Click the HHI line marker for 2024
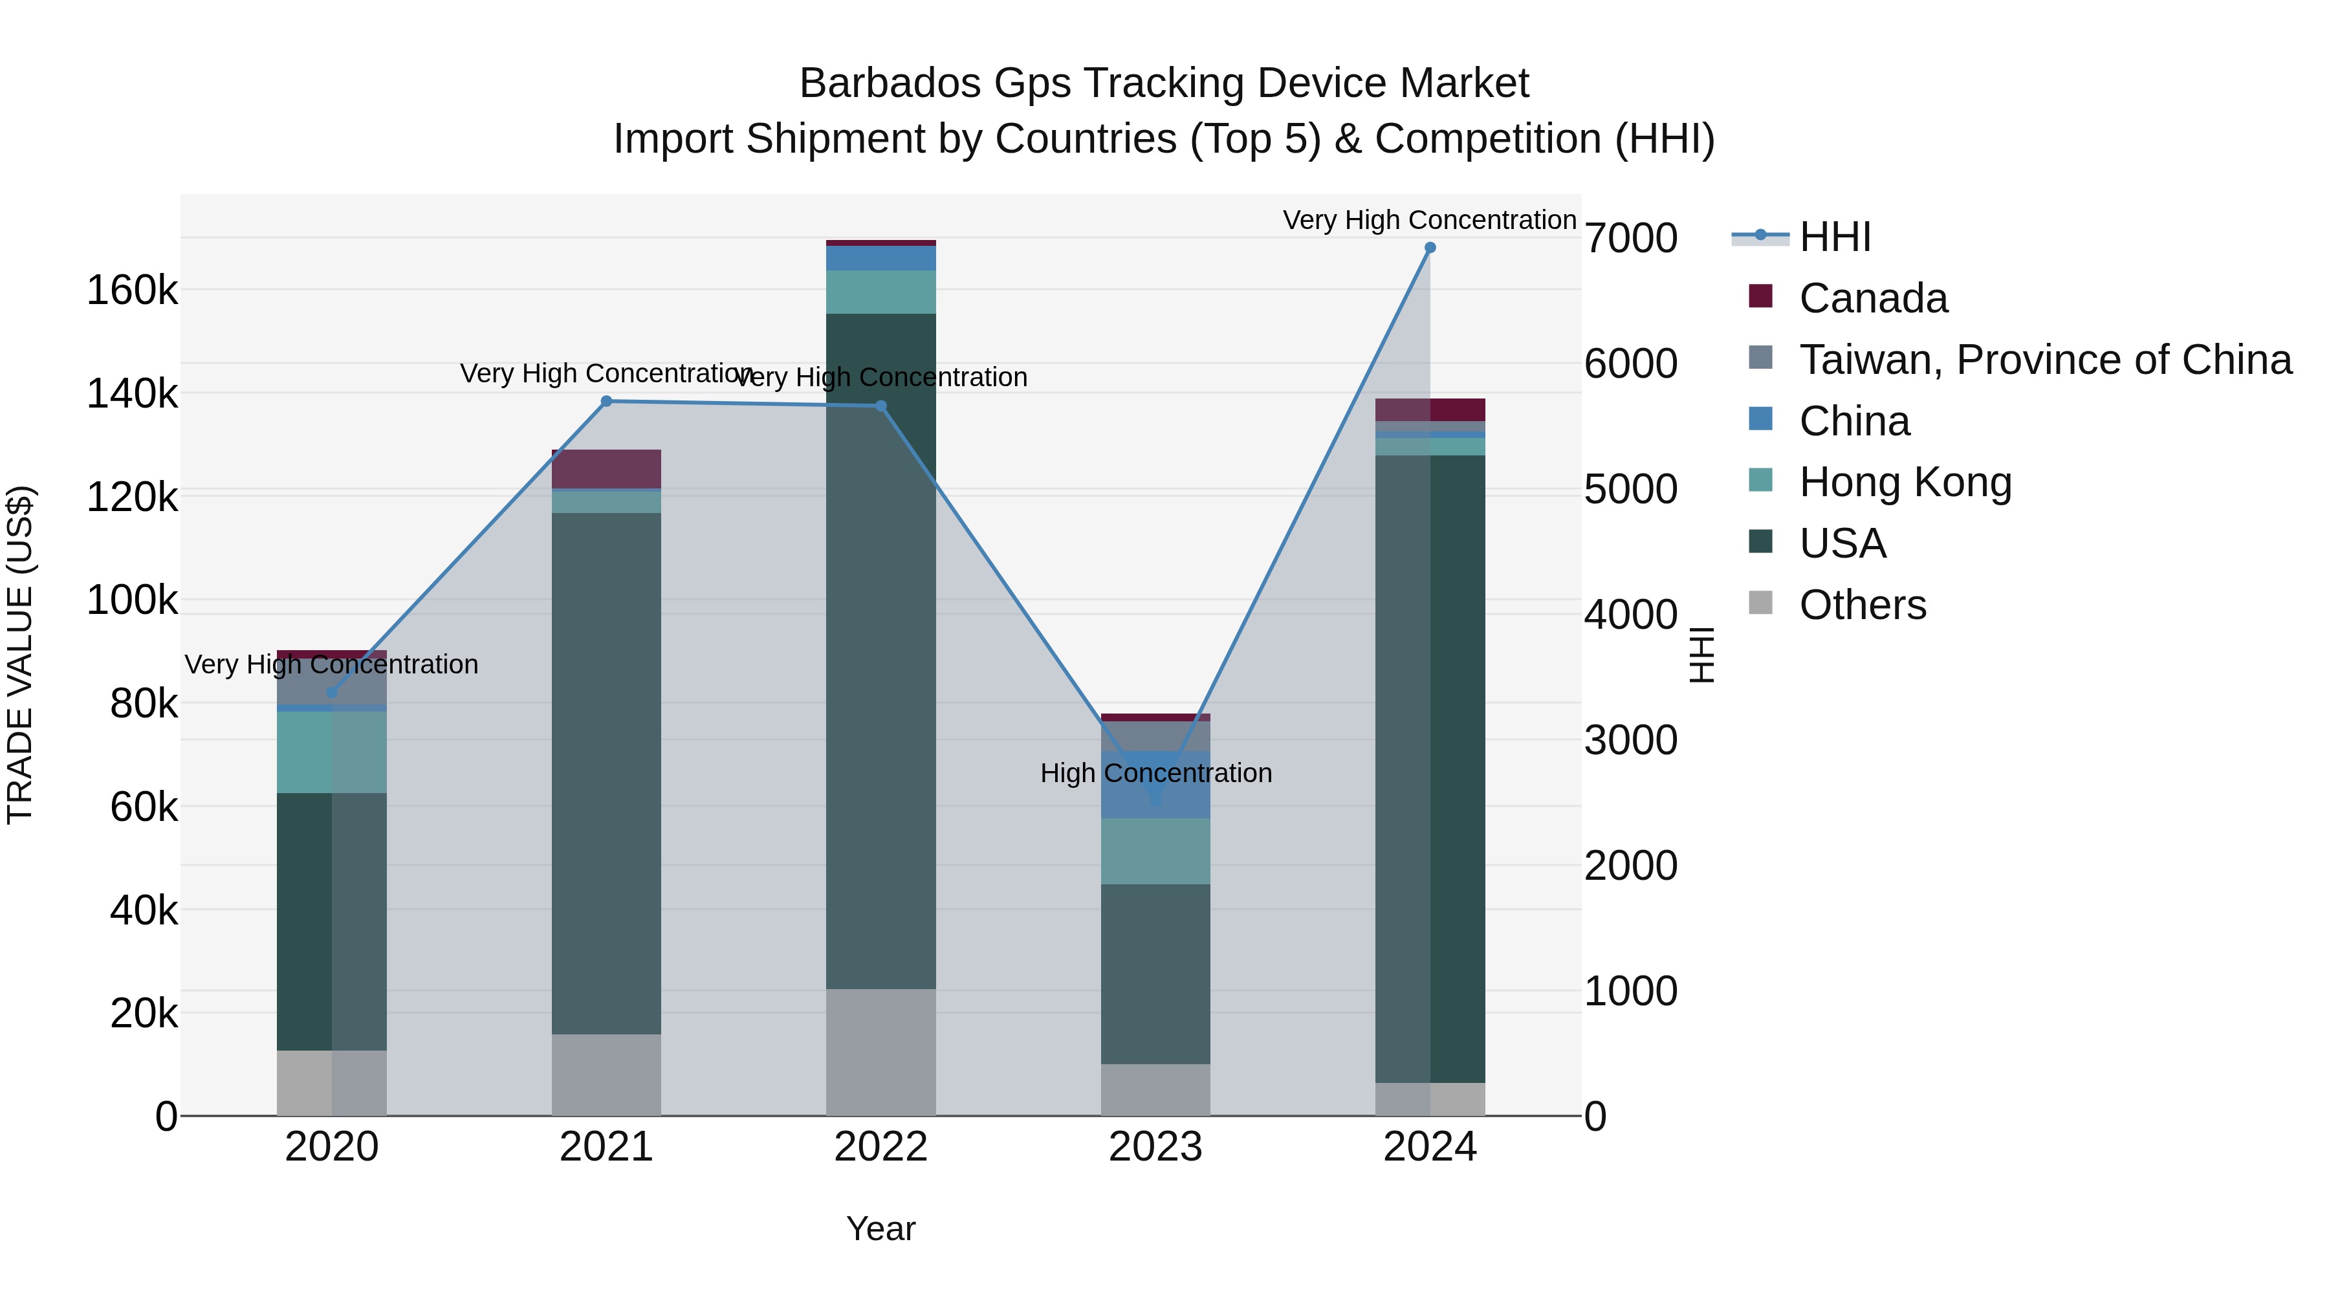click(x=1429, y=248)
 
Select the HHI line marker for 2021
click(x=607, y=401)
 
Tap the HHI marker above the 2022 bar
click(x=882, y=406)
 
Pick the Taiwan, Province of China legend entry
click(x=2043, y=360)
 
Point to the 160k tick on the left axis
click(x=132, y=291)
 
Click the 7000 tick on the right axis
click(x=1631, y=239)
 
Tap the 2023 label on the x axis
click(x=1155, y=1147)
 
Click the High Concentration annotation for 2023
click(x=1155, y=773)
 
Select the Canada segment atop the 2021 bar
click(x=607, y=468)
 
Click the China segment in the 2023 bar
click(x=1155, y=785)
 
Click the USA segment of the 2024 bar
click(x=1429, y=769)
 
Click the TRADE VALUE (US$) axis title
click(x=20, y=655)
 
